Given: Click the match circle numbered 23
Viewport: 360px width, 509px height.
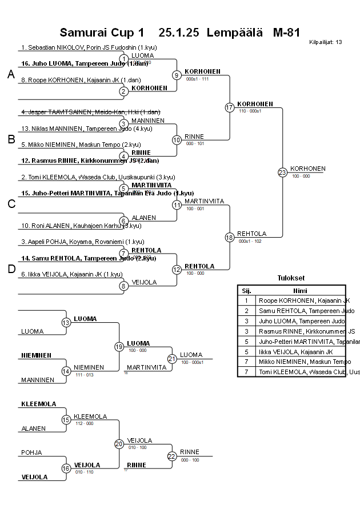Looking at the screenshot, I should [x=282, y=173].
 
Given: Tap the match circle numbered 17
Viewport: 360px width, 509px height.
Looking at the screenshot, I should [x=230, y=107].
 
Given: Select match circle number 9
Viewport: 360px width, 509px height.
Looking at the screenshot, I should [x=177, y=75].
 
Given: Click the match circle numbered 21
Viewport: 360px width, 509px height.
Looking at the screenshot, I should [x=171, y=359].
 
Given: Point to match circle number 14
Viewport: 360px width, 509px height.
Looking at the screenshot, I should [x=66, y=371].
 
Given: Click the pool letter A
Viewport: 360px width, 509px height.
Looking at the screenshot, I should [x=11, y=75].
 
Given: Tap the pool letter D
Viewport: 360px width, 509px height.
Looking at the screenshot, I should [x=11, y=269].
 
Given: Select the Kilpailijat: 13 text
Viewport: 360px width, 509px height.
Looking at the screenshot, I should [x=326, y=42].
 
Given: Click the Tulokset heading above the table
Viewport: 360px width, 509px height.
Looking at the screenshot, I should [x=291, y=278].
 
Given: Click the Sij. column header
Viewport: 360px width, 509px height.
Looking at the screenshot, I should [x=246, y=291].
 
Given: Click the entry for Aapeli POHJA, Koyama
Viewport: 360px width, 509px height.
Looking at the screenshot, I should [x=82, y=242].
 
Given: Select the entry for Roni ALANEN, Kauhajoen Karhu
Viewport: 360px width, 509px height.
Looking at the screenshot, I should [x=81, y=226].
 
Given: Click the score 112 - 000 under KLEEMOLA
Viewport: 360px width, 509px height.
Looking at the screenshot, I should [x=84, y=423].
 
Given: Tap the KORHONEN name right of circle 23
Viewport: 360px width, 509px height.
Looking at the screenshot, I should [x=307, y=169].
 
